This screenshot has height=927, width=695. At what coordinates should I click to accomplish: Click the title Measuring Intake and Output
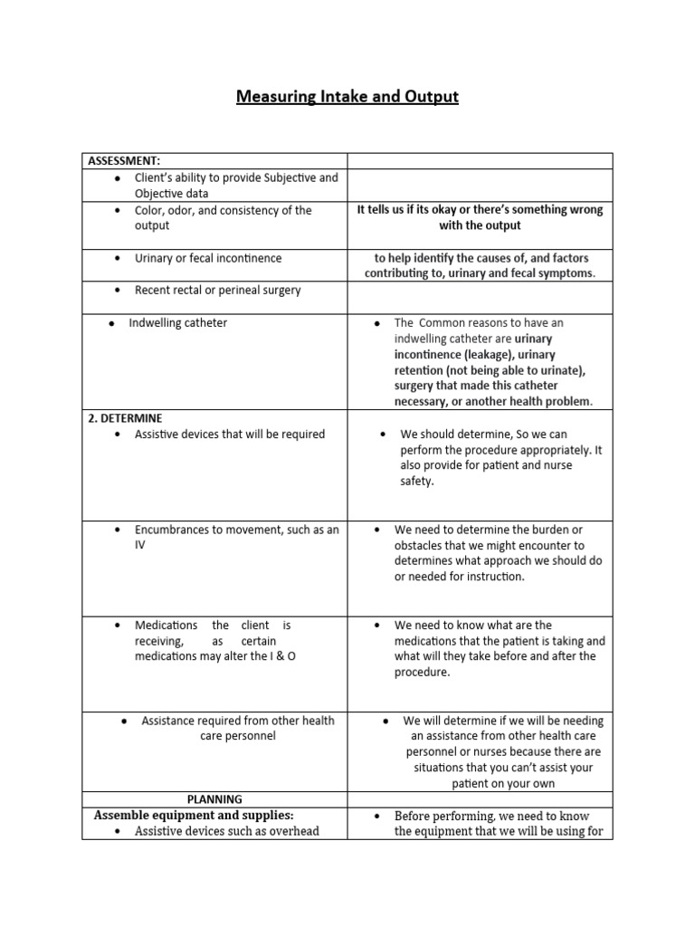coord(347,96)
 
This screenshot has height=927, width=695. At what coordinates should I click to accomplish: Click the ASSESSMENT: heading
coord(124,161)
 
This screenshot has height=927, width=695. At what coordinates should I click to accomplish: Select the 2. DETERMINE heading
coord(125,418)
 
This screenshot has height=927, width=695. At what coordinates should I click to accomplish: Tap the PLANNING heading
coord(214,799)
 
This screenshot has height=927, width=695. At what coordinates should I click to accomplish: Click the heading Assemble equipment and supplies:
coord(194,815)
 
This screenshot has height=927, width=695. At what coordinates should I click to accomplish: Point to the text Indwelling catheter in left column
coord(177,322)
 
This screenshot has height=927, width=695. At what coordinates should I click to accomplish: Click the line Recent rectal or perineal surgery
coord(217,291)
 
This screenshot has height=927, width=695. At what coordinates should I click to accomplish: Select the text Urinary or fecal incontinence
coord(207,258)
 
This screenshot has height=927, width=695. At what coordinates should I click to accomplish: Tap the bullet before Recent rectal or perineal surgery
coord(119,291)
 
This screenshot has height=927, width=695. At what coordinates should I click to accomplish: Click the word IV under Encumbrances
coord(140,545)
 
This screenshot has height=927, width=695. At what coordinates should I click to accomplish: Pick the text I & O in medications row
coord(279,655)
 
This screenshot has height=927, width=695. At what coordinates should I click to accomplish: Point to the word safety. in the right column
coord(417,482)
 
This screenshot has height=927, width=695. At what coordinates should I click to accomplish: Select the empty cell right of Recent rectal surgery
coord(481,297)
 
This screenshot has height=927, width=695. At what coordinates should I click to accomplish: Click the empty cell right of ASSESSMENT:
coord(481,161)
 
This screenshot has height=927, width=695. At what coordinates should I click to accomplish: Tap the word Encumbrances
coord(178,530)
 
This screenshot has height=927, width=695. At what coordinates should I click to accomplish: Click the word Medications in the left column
coord(166,625)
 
